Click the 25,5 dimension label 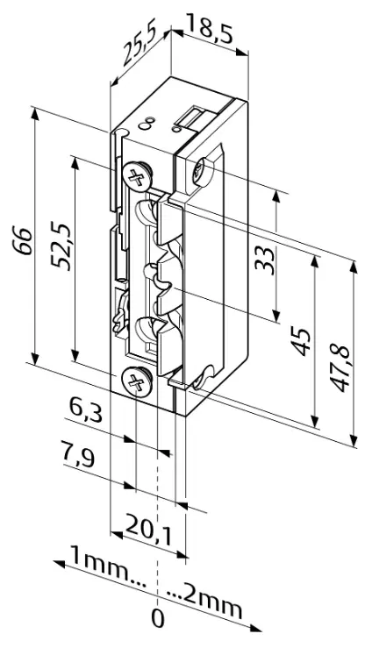(x=139, y=46)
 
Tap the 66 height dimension (x=22, y=240)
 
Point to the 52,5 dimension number (x=61, y=246)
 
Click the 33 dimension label (x=264, y=260)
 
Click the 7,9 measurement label (x=78, y=453)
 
